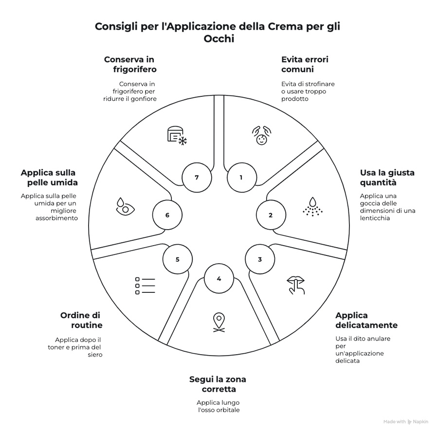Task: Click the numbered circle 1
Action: [x=241, y=178]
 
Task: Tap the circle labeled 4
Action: [x=219, y=279]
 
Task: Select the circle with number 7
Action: [x=197, y=178]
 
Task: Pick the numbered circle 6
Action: [x=167, y=215]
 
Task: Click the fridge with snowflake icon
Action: [x=177, y=136]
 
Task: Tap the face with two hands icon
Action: [x=261, y=135]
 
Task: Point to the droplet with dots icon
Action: [x=312, y=207]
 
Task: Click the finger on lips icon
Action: [x=296, y=285]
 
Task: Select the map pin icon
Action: [x=219, y=323]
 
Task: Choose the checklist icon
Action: [x=145, y=286]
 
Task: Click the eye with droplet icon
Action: [x=125, y=207]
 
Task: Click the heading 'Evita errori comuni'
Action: [x=305, y=64]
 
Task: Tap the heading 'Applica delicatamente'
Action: [x=366, y=320]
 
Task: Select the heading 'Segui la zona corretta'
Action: [x=218, y=384]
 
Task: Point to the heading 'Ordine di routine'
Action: [x=81, y=320]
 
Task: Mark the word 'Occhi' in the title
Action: [x=219, y=38]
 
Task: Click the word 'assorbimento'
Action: [x=57, y=218]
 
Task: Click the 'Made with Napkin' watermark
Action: [x=405, y=422]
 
